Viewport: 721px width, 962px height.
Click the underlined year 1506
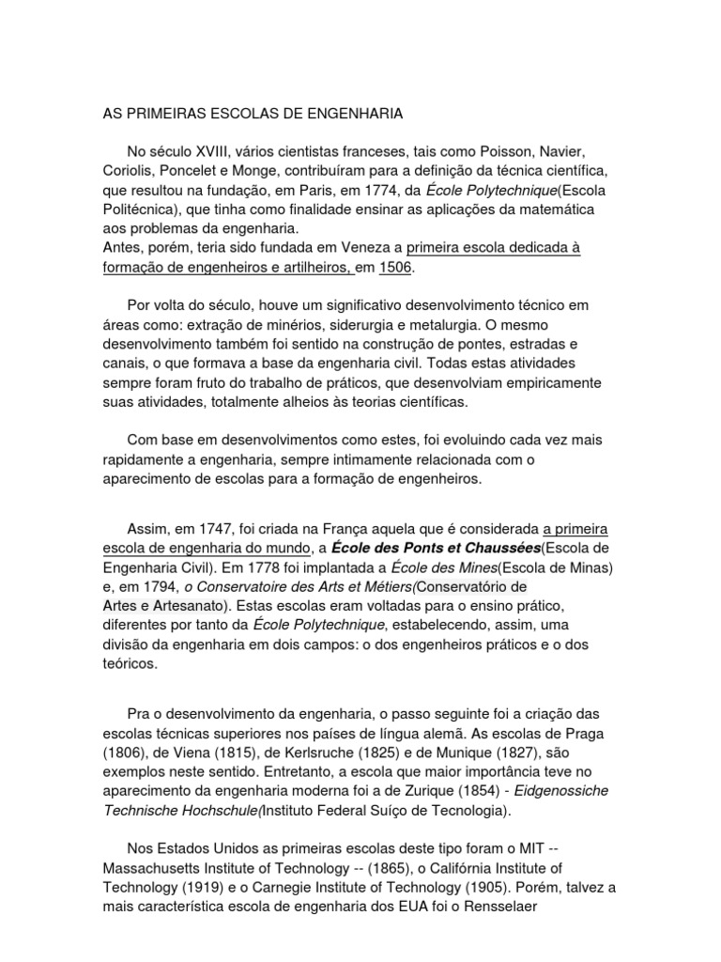click(395, 268)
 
